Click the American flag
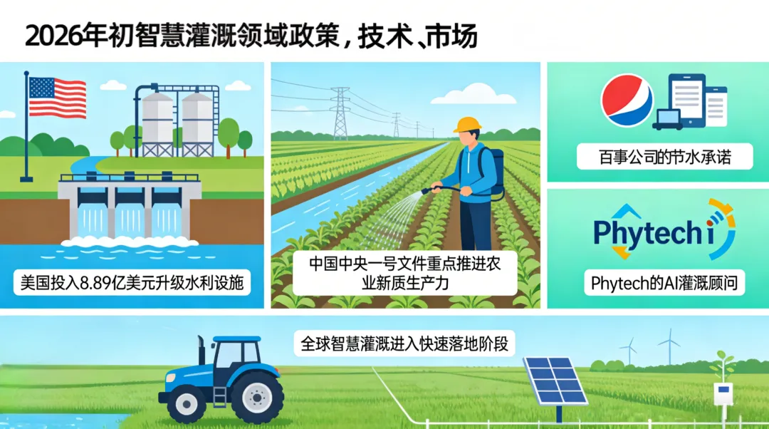[56, 98]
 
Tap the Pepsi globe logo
[627, 101]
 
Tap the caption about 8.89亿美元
[132, 283]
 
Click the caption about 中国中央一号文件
[404, 272]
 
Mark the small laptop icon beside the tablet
[668, 120]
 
